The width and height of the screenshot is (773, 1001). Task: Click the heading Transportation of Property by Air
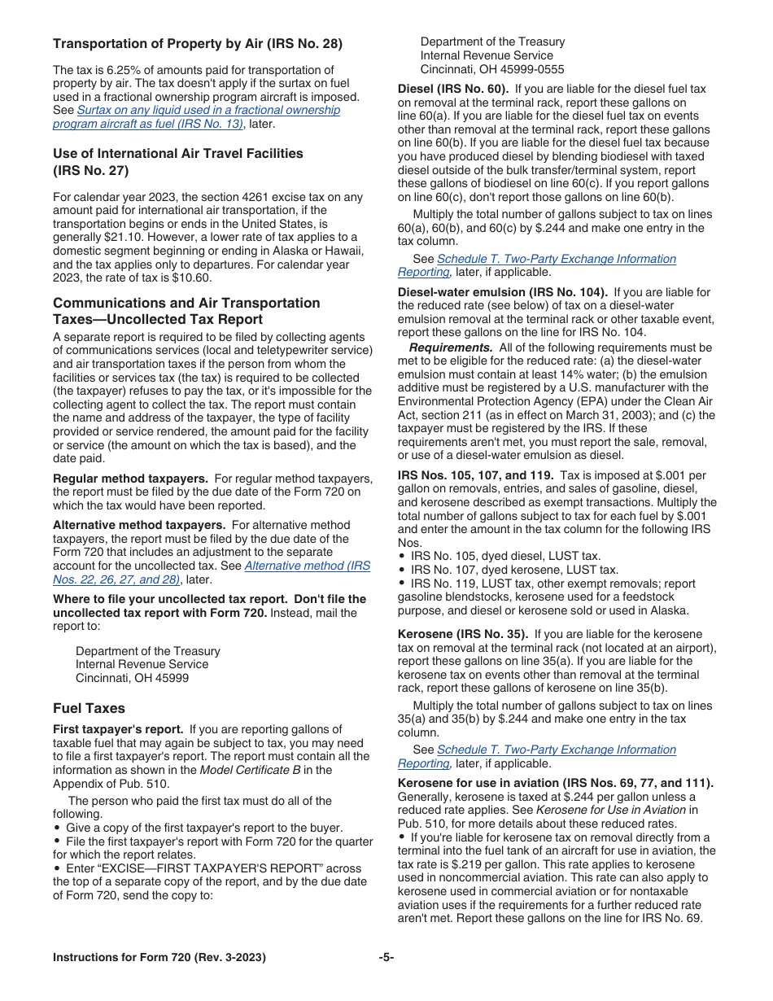(198, 44)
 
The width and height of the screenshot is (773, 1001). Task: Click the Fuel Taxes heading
(89, 708)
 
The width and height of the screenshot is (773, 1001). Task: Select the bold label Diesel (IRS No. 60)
(452, 90)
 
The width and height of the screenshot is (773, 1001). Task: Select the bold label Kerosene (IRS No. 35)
(462, 634)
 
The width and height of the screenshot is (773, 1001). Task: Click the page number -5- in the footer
(386, 958)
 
